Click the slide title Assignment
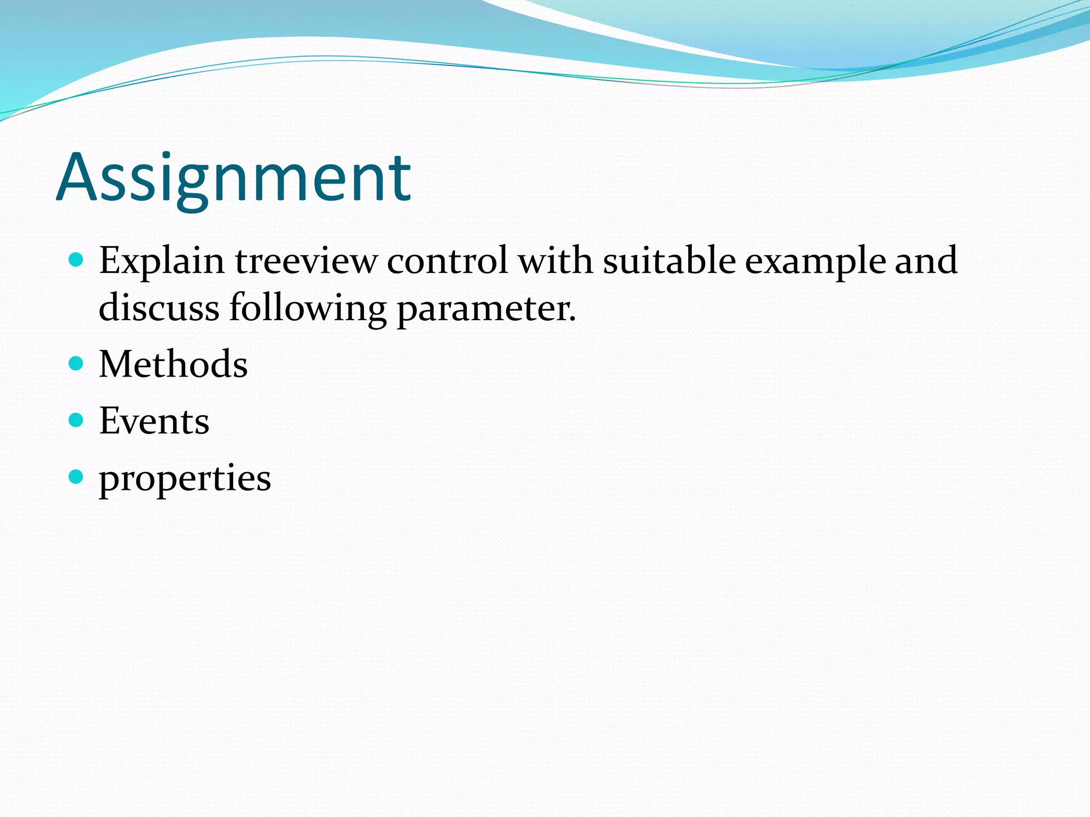coord(234,178)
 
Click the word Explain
coord(162,261)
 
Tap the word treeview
coord(305,261)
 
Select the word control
coord(447,261)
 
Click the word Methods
coord(174,364)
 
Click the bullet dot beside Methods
coord(77,364)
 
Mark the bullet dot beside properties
coord(77,477)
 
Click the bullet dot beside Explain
coord(77,260)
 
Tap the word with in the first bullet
coord(555,261)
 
